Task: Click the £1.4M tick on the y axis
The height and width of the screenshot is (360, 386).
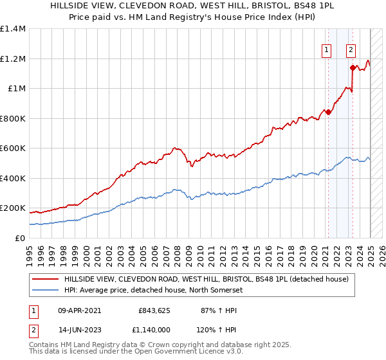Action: (13, 29)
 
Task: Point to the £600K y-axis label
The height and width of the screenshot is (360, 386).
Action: (13, 148)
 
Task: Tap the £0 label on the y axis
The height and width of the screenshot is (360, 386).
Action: (19, 238)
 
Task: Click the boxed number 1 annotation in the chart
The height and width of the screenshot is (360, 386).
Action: (327, 50)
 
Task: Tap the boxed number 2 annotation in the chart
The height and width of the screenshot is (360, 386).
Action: (351, 50)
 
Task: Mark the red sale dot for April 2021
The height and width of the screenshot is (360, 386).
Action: (328, 112)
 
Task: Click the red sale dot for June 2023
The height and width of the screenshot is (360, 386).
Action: (353, 67)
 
